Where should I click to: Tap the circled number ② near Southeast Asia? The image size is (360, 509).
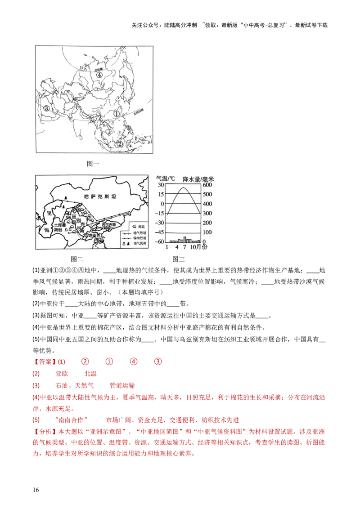(x=120, y=144)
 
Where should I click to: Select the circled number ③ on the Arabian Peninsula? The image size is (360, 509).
(x=46, y=108)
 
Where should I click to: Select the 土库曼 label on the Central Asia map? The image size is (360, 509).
(x=61, y=225)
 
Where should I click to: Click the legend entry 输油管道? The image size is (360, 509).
(x=139, y=237)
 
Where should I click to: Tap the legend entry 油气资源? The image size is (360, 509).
(x=139, y=243)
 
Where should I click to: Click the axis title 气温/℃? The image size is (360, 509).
(x=167, y=179)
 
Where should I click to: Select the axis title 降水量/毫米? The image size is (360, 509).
(x=198, y=179)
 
